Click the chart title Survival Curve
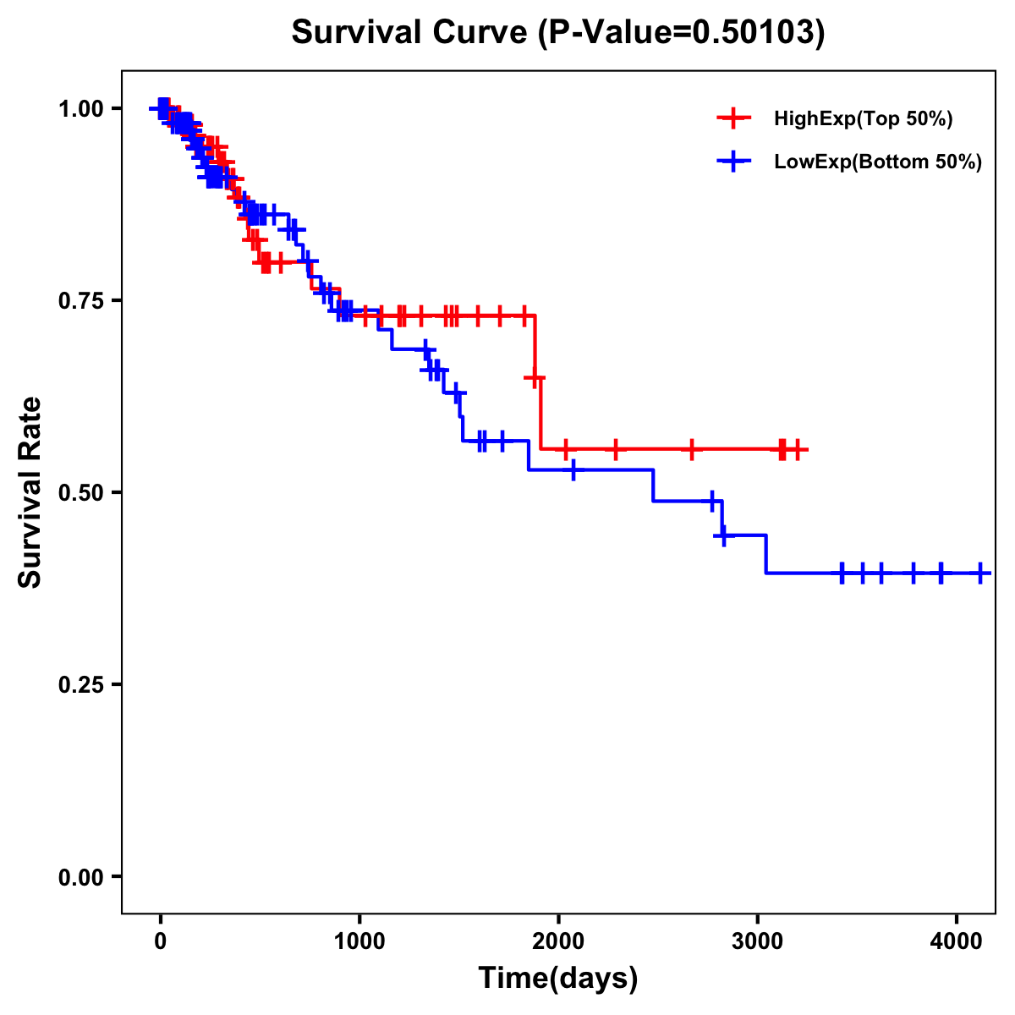tap(411, 33)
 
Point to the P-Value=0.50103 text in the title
tap(682, 33)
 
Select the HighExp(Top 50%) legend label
tap(864, 119)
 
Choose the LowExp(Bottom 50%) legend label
tap(878, 162)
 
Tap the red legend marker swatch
tap(734, 118)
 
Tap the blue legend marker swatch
tap(734, 162)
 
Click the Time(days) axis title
tap(558, 979)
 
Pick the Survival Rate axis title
tap(30, 492)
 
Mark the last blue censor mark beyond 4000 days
tap(980, 573)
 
